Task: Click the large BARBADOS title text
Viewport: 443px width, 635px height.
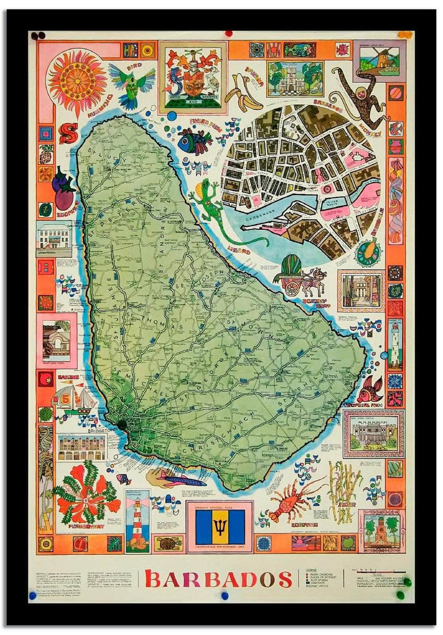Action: (218, 579)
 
